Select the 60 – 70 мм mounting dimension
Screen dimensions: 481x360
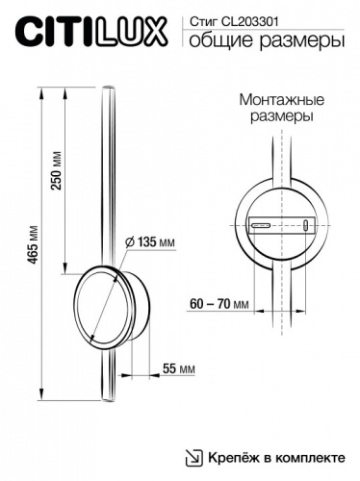219,303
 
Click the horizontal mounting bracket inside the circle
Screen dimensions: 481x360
281,226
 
